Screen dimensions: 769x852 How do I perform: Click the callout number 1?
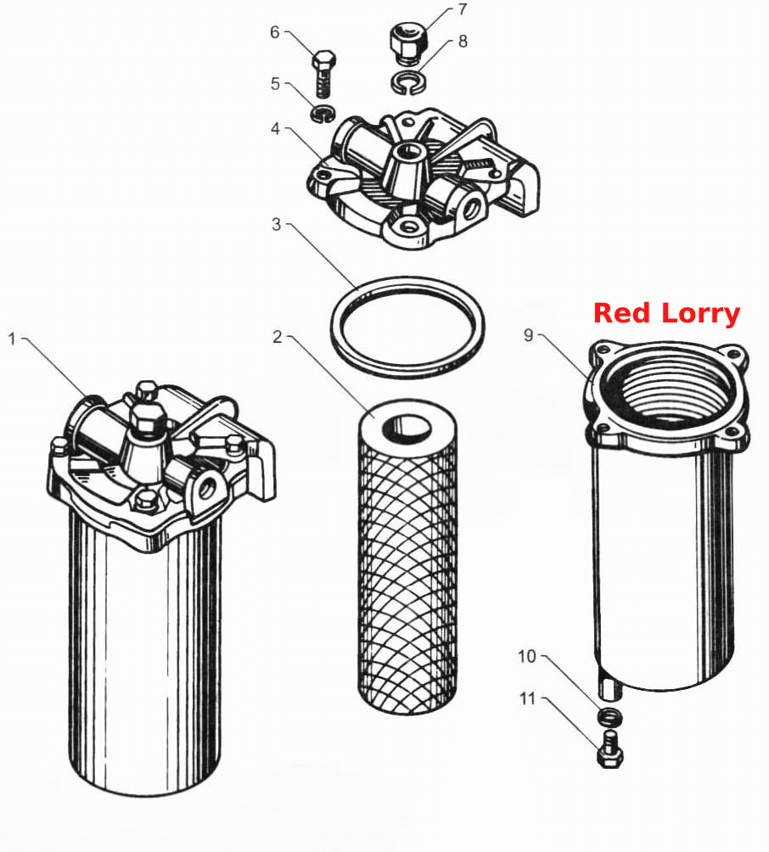[12, 339]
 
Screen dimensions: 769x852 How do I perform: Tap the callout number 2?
[278, 337]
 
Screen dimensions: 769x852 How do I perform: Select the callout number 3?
[277, 224]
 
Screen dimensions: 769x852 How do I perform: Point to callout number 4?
[276, 129]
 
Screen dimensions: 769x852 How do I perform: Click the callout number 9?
[528, 335]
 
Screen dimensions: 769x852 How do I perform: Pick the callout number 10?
[527, 656]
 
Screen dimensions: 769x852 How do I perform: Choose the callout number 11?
[527, 698]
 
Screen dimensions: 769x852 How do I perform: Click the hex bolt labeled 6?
[324, 73]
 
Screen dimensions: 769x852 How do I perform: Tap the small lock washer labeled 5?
[323, 114]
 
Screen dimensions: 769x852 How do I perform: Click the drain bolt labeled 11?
[610, 749]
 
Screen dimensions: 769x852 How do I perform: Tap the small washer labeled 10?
[609, 716]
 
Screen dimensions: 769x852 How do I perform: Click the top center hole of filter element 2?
[407, 427]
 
